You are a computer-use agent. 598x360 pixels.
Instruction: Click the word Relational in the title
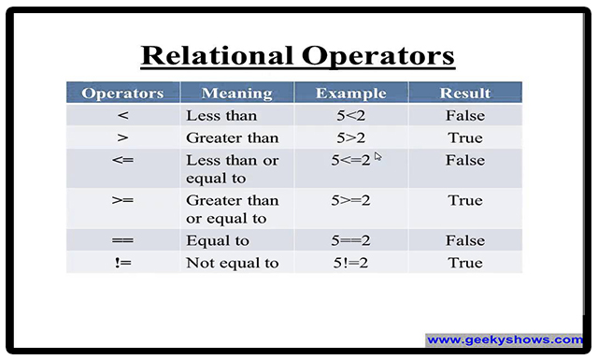[x=218, y=56]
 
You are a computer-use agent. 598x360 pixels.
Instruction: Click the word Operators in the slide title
[x=378, y=56]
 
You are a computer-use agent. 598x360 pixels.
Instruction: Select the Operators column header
[x=122, y=94]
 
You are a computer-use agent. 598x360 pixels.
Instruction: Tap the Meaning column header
[x=236, y=94]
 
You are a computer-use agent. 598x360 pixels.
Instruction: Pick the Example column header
[x=351, y=94]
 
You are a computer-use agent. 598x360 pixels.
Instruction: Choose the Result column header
[x=465, y=94]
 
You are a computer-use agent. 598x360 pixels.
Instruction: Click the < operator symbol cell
[x=122, y=115]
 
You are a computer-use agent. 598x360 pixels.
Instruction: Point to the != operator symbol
[x=122, y=263]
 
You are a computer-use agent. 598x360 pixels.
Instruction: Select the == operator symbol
[x=122, y=240]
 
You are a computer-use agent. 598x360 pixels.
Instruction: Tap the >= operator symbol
[x=122, y=200]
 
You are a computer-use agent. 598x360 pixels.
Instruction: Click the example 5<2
[x=351, y=115]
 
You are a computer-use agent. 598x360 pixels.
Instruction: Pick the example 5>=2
[x=350, y=200]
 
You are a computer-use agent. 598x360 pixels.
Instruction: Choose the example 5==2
[x=350, y=240]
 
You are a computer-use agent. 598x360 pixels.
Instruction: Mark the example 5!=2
[x=350, y=263]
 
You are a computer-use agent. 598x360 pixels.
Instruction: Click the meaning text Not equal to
[x=233, y=263]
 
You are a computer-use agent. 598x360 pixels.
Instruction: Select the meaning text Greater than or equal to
[x=233, y=209]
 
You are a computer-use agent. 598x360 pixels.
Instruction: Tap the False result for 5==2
[x=465, y=240]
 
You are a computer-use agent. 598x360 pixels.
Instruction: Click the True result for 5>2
[x=465, y=137]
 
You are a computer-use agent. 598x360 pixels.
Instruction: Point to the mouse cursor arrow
[x=377, y=156]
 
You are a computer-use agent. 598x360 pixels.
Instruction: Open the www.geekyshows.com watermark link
[x=505, y=339]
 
